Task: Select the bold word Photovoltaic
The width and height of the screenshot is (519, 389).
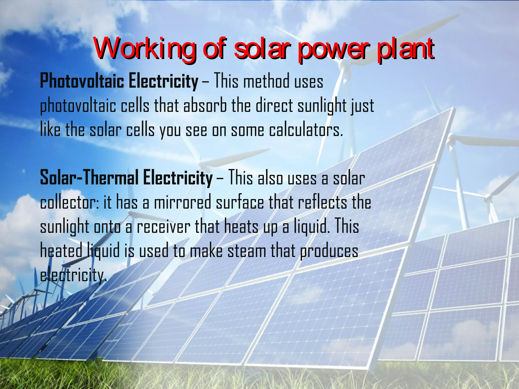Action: [x=82, y=81]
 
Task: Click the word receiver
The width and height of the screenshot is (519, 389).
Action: [x=163, y=226]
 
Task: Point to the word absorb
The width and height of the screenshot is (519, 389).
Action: [x=205, y=106]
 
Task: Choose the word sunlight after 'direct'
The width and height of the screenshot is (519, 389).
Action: [x=321, y=106]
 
